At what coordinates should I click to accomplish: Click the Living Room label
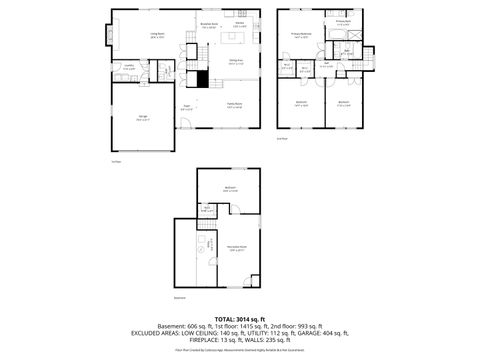(x=157, y=35)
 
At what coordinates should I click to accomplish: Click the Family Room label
(x=234, y=107)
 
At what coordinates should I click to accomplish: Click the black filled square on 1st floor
(x=201, y=83)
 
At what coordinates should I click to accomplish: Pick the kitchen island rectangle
(x=236, y=39)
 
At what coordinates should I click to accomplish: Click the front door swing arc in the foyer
(x=183, y=124)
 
